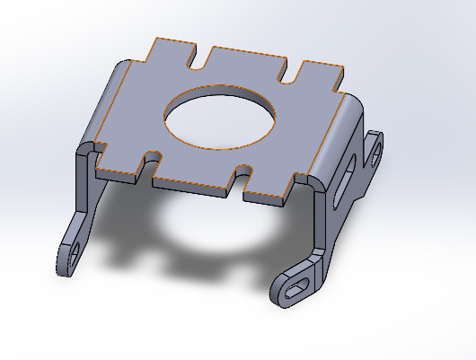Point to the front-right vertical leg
point(321,224)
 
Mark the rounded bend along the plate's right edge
point(337,139)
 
